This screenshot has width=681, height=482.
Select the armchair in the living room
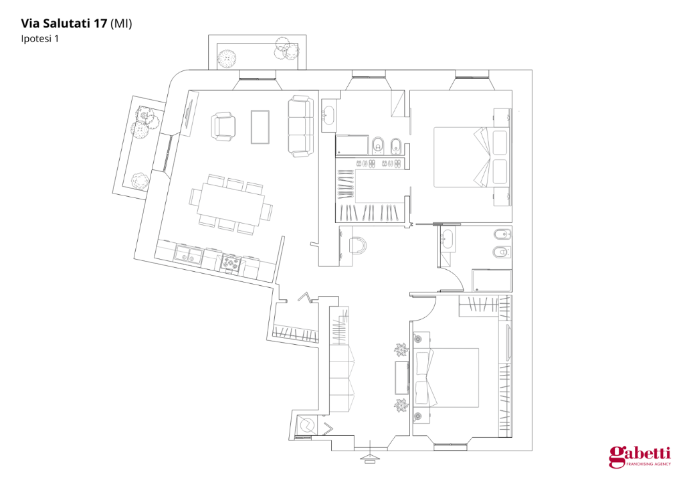tap(223, 127)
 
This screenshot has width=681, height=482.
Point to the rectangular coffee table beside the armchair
tap(260, 127)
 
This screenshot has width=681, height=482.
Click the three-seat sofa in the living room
tap(300, 126)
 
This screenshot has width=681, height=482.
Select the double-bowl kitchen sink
tap(189, 255)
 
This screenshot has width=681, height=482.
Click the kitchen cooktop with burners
tap(231, 263)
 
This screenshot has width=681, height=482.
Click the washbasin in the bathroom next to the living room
tap(329, 115)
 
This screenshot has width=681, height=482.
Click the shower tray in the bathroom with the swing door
tap(491, 280)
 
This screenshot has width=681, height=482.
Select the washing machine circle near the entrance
tap(307, 424)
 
